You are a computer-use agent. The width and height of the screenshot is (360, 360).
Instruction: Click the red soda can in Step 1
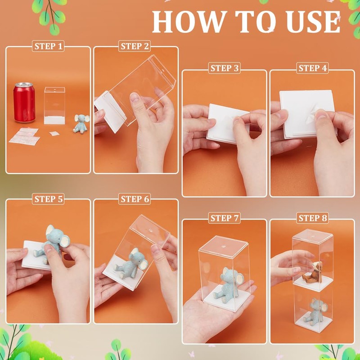(x=24, y=103)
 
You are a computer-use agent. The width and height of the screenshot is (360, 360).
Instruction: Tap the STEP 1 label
(x=48, y=46)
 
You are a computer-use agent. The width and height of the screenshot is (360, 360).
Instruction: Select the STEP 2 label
(x=135, y=46)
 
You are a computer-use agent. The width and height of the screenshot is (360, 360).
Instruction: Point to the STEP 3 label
(x=224, y=68)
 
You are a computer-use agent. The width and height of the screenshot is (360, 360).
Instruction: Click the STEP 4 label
(x=312, y=68)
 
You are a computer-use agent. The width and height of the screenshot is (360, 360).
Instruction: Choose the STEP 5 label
(x=48, y=199)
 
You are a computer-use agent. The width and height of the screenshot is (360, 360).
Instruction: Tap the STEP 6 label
(x=135, y=199)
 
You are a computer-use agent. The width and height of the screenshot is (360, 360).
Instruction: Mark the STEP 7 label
(x=224, y=218)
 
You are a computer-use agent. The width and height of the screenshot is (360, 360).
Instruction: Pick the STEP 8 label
(x=312, y=218)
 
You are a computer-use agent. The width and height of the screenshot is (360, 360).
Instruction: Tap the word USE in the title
(x=313, y=22)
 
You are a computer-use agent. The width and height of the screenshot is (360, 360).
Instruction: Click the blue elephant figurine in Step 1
(x=81, y=124)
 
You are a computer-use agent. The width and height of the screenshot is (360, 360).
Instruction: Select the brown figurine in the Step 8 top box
(x=313, y=273)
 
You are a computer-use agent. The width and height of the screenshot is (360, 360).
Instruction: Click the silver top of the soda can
(x=24, y=85)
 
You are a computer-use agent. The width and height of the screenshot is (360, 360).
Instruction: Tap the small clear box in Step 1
(x=54, y=106)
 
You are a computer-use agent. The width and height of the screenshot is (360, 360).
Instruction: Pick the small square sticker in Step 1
(x=54, y=133)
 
